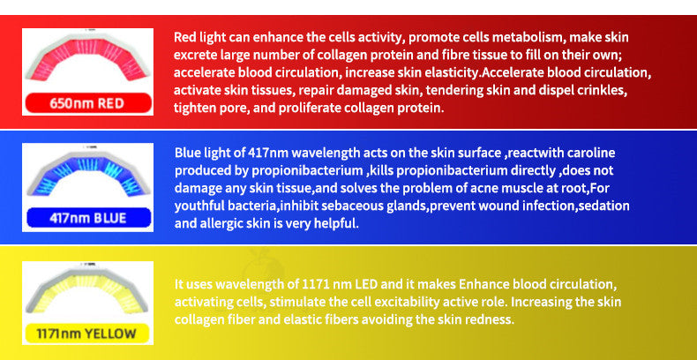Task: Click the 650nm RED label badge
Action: pyautogui.click(x=86, y=103)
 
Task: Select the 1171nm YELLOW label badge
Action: pyautogui.click(x=86, y=334)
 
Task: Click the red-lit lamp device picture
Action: pyautogui.click(x=86, y=62)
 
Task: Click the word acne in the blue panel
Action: pyautogui.click(x=480, y=188)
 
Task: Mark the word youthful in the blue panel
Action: pyautogui.click(x=199, y=206)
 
